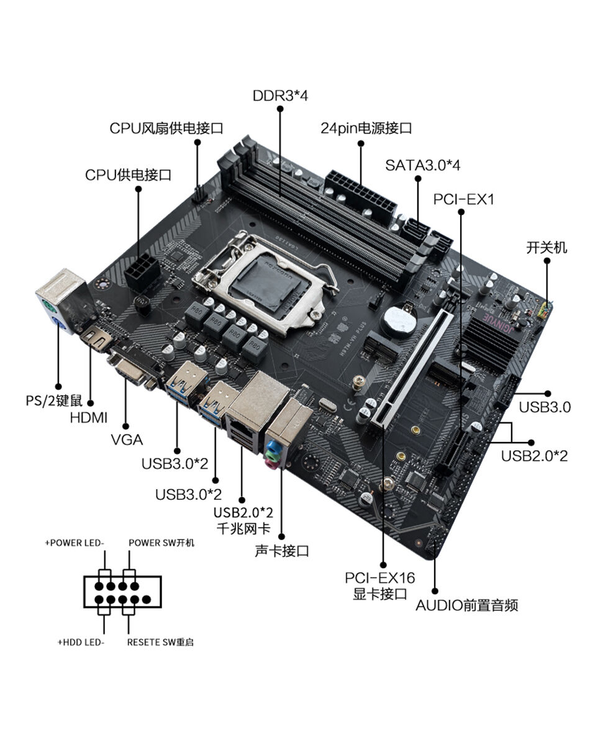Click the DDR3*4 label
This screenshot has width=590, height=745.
pos(280,96)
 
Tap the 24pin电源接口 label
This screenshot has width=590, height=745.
pos(366,129)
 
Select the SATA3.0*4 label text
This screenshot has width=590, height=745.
pos(422,165)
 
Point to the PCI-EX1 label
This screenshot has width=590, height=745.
pos(463,200)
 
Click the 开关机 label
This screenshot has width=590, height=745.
pos(547,248)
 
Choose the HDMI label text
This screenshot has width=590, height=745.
pos(88,417)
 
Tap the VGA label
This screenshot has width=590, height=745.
pos(127,440)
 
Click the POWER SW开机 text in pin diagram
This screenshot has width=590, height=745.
pos(161,543)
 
